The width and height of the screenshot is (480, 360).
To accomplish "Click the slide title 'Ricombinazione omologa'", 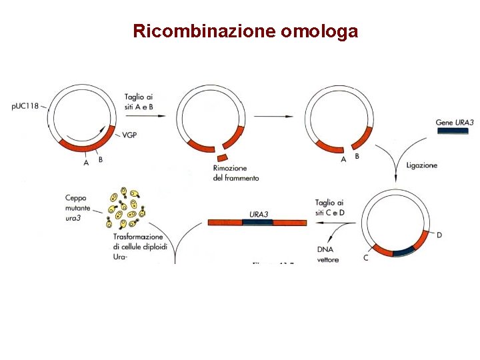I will coord(245,31).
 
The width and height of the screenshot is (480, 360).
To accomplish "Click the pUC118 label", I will coord(25,105).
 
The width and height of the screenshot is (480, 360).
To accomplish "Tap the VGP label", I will coord(131,135).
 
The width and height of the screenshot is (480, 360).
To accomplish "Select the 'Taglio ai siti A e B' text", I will coord(138,102).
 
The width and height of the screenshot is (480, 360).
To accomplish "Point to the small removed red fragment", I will coord(222,157).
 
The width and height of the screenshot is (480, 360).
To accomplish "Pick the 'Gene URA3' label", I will coord(455,122).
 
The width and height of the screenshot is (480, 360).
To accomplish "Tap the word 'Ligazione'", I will coord(422,165).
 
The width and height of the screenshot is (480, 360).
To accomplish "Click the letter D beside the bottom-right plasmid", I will coord(439,235).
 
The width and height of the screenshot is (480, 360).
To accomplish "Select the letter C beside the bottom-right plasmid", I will coord(365,257).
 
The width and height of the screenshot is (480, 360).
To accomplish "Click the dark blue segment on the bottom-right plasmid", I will coord(403,251).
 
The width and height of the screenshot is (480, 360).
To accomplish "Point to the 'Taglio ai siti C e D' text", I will coord(329,207).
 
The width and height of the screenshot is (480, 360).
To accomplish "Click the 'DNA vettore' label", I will coord(327,254).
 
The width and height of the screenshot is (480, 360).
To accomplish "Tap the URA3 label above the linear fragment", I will coord(259,214).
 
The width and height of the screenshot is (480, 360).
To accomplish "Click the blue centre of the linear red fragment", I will coord(257,223).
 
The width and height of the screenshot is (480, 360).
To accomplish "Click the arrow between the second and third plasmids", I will coord(274,117).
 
